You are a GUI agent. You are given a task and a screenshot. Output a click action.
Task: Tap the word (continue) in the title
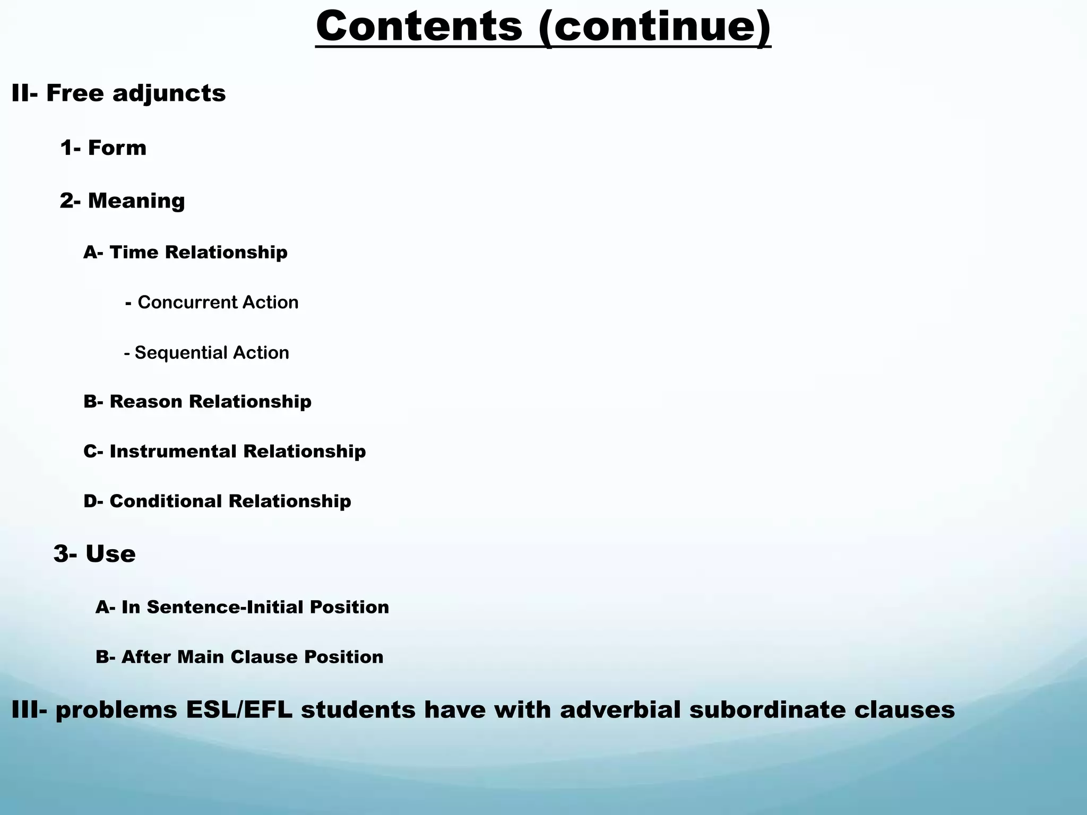point(654,28)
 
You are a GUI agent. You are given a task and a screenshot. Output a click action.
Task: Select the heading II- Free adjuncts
point(118,93)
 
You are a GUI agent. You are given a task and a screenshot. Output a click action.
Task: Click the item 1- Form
point(103,148)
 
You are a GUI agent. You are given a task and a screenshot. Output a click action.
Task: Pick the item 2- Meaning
point(122,201)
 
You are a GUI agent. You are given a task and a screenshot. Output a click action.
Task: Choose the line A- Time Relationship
point(185,252)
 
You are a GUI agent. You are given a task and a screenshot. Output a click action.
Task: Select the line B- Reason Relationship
point(197,402)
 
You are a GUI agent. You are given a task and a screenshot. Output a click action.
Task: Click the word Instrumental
point(174,452)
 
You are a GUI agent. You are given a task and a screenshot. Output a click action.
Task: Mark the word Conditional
point(166,501)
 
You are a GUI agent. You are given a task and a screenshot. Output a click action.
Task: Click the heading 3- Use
point(94,554)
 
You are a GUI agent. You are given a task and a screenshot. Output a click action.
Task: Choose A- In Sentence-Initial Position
point(242,607)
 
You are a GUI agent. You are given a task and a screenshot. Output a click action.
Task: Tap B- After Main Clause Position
point(239,657)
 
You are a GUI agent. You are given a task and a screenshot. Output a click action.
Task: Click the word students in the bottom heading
point(358,710)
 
